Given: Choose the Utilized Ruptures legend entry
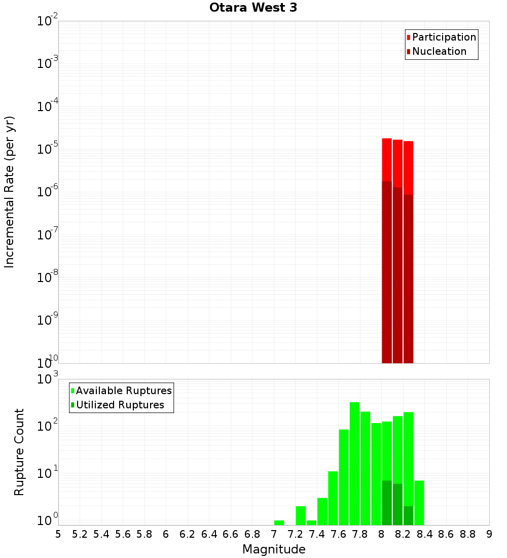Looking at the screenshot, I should point(120,405).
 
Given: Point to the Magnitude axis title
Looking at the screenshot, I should point(274,549).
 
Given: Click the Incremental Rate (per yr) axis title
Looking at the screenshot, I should point(9,192).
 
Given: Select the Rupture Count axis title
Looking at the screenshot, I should point(19,452).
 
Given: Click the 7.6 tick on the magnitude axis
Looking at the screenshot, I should point(338,534).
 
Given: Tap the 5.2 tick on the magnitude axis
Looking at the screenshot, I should point(80,534).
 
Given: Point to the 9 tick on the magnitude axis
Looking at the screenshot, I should point(489,534).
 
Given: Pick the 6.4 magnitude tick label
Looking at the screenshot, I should point(209,534).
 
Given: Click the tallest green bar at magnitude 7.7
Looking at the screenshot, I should point(354,462).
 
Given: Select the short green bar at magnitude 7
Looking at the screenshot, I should point(279,522).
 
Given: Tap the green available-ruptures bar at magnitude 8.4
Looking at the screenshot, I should point(419,502).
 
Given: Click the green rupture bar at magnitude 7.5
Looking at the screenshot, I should point(333,498).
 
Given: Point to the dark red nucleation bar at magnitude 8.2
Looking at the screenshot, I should point(408,278).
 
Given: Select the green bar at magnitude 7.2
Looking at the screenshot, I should point(301,515).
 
